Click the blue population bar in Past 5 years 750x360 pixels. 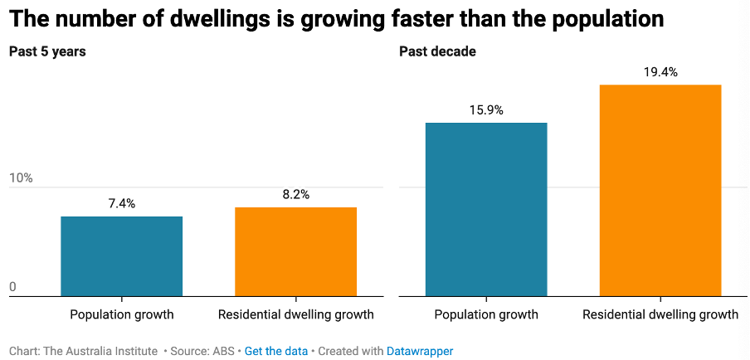(x=121, y=255)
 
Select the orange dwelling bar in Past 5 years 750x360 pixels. (x=295, y=251)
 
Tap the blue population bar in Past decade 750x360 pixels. (x=486, y=209)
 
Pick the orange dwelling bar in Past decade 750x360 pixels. (x=660, y=190)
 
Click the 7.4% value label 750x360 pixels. (x=121, y=203)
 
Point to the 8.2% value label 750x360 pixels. (x=295, y=194)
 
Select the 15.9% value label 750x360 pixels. (x=486, y=109)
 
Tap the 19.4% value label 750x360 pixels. (x=660, y=72)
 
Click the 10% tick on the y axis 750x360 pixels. (x=21, y=178)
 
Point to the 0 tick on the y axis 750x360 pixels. (x=12, y=287)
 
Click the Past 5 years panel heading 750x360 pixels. (x=47, y=51)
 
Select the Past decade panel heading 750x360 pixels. (x=437, y=51)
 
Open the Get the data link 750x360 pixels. (x=276, y=351)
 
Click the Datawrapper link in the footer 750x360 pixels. (x=420, y=351)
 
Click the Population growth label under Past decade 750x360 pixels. (x=486, y=314)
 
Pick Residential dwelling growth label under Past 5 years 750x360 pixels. (x=295, y=314)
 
